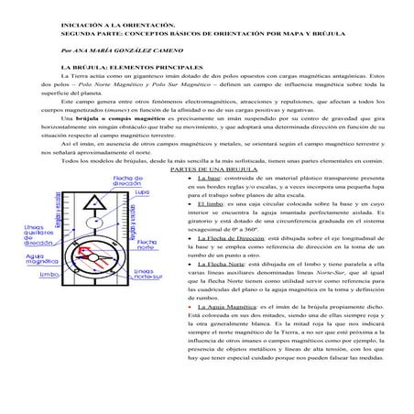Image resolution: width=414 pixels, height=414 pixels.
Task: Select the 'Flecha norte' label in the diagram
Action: [x=147, y=220]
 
